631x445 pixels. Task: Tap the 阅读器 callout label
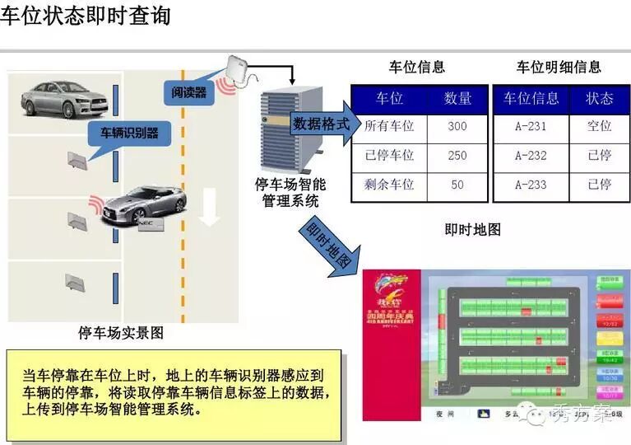click(188, 92)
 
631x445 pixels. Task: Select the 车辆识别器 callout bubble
click(129, 133)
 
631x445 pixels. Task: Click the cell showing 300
click(457, 126)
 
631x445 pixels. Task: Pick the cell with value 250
click(457, 155)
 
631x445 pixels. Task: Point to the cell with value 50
click(457, 185)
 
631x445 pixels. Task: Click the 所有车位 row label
click(389, 126)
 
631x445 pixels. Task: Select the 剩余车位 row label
click(389, 185)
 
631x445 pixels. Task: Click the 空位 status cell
click(599, 126)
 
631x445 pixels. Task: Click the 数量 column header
click(457, 98)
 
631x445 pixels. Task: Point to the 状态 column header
click(599, 98)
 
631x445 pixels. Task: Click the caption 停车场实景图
click(121, 333)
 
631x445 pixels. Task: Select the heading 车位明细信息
click(559, 68)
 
